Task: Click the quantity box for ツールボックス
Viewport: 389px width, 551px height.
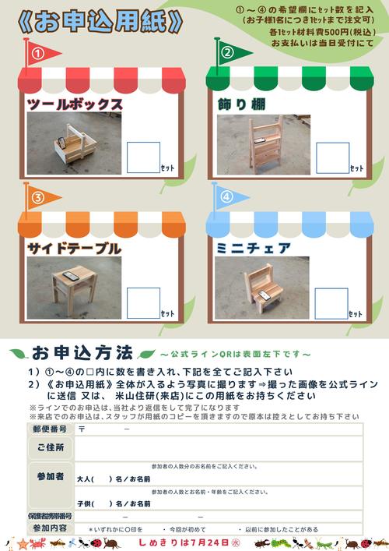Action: pos(143,157)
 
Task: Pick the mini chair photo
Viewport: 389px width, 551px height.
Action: pos(261,289)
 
